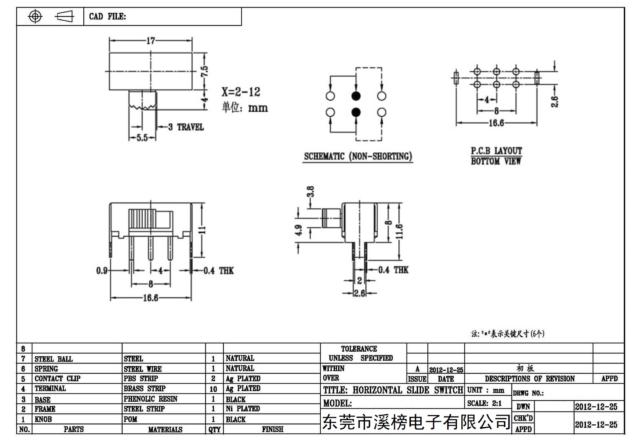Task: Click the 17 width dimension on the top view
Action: (150, 41)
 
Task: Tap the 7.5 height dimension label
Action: (205, 71)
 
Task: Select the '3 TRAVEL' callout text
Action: (186, 127)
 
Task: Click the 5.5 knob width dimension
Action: (142, 138)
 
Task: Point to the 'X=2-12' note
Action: (241, 92)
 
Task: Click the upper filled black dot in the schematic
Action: (356, 96)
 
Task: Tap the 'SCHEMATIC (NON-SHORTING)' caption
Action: (358, 156)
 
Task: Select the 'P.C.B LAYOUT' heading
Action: (496, 151)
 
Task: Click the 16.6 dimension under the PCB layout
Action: (496, 123)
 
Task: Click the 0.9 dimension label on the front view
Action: (102, 271)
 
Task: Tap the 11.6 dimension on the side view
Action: (399, 231)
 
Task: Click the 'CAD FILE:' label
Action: (107, 17)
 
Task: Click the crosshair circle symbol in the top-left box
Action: (35, 16)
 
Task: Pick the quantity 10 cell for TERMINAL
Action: (213, 389)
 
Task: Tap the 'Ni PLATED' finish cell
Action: (243, 409)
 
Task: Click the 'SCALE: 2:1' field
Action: (484, 404)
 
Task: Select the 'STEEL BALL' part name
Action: (53, 359)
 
